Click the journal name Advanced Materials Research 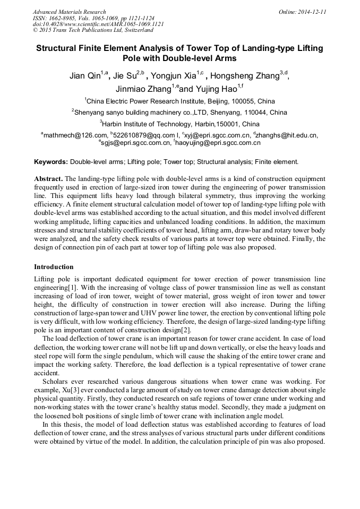click(69, 12)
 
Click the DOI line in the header click(98, 24)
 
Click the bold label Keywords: click(51, 161)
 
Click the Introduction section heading click(54, 266)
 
